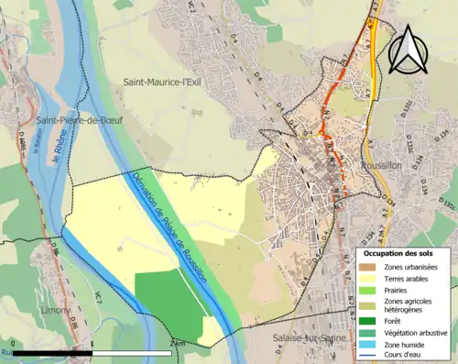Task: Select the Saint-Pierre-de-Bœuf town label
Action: point(79,120)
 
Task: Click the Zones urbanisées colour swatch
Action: point(369,267)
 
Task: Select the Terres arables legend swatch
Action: point(369,279)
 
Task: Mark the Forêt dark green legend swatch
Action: point(369,321)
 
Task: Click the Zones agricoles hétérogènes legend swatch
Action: point(369,304)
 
